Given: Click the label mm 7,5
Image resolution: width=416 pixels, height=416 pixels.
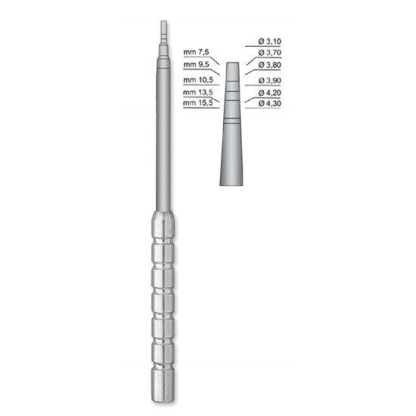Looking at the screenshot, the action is click(197, 52).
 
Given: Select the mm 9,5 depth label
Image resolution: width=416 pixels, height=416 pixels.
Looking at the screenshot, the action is click(197, 64).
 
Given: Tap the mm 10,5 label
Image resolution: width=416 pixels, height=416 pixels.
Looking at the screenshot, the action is click(198, 80).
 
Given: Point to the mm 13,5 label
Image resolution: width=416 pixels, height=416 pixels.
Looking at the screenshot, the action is click(198, 92).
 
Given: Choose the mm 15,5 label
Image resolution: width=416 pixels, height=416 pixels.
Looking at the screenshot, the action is click(198, 103).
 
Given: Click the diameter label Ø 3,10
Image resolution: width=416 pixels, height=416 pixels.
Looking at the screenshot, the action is click(269, 42).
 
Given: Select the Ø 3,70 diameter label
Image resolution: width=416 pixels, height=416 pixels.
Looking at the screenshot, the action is click(269, 52).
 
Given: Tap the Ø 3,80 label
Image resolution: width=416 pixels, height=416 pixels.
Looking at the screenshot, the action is click(269, 65).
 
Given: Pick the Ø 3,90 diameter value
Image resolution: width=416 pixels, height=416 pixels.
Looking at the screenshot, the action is click(269, 80).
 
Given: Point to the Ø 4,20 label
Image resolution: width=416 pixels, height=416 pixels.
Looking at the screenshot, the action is click(269, 93).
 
